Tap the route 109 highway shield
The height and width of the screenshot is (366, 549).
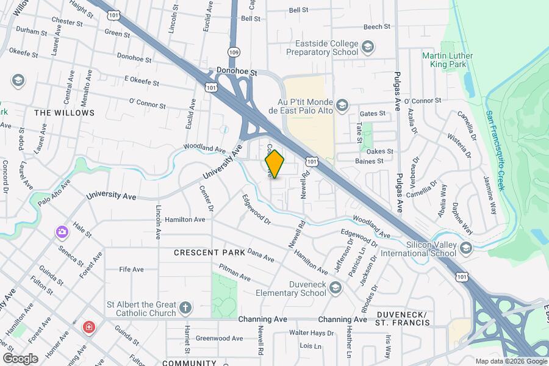click(x=234, y=52)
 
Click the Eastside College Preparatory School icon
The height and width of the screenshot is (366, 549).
click(x=367, y=46)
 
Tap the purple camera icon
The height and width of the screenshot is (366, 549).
click(x=62, y=231)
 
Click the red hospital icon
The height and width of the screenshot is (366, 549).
click(x=89, y=328)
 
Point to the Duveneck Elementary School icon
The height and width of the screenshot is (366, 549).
click(x=334, y=287)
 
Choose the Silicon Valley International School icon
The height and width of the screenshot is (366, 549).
click(x=467, y=247)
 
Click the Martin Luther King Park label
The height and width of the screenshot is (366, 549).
click(x=447, y=61)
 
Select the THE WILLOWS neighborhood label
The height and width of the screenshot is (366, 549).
click(x=65, y=113)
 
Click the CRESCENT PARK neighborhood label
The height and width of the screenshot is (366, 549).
click(x=209, y=252)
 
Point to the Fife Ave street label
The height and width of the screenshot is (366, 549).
click(x=131, y=269)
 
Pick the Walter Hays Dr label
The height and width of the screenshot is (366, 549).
click(x=311, y=333)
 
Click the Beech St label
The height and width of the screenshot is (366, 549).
click(x=376, y=27)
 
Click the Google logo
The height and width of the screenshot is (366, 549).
click(x=20, y=358)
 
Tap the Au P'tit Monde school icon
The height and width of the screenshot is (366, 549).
click(x=342, y=105)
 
